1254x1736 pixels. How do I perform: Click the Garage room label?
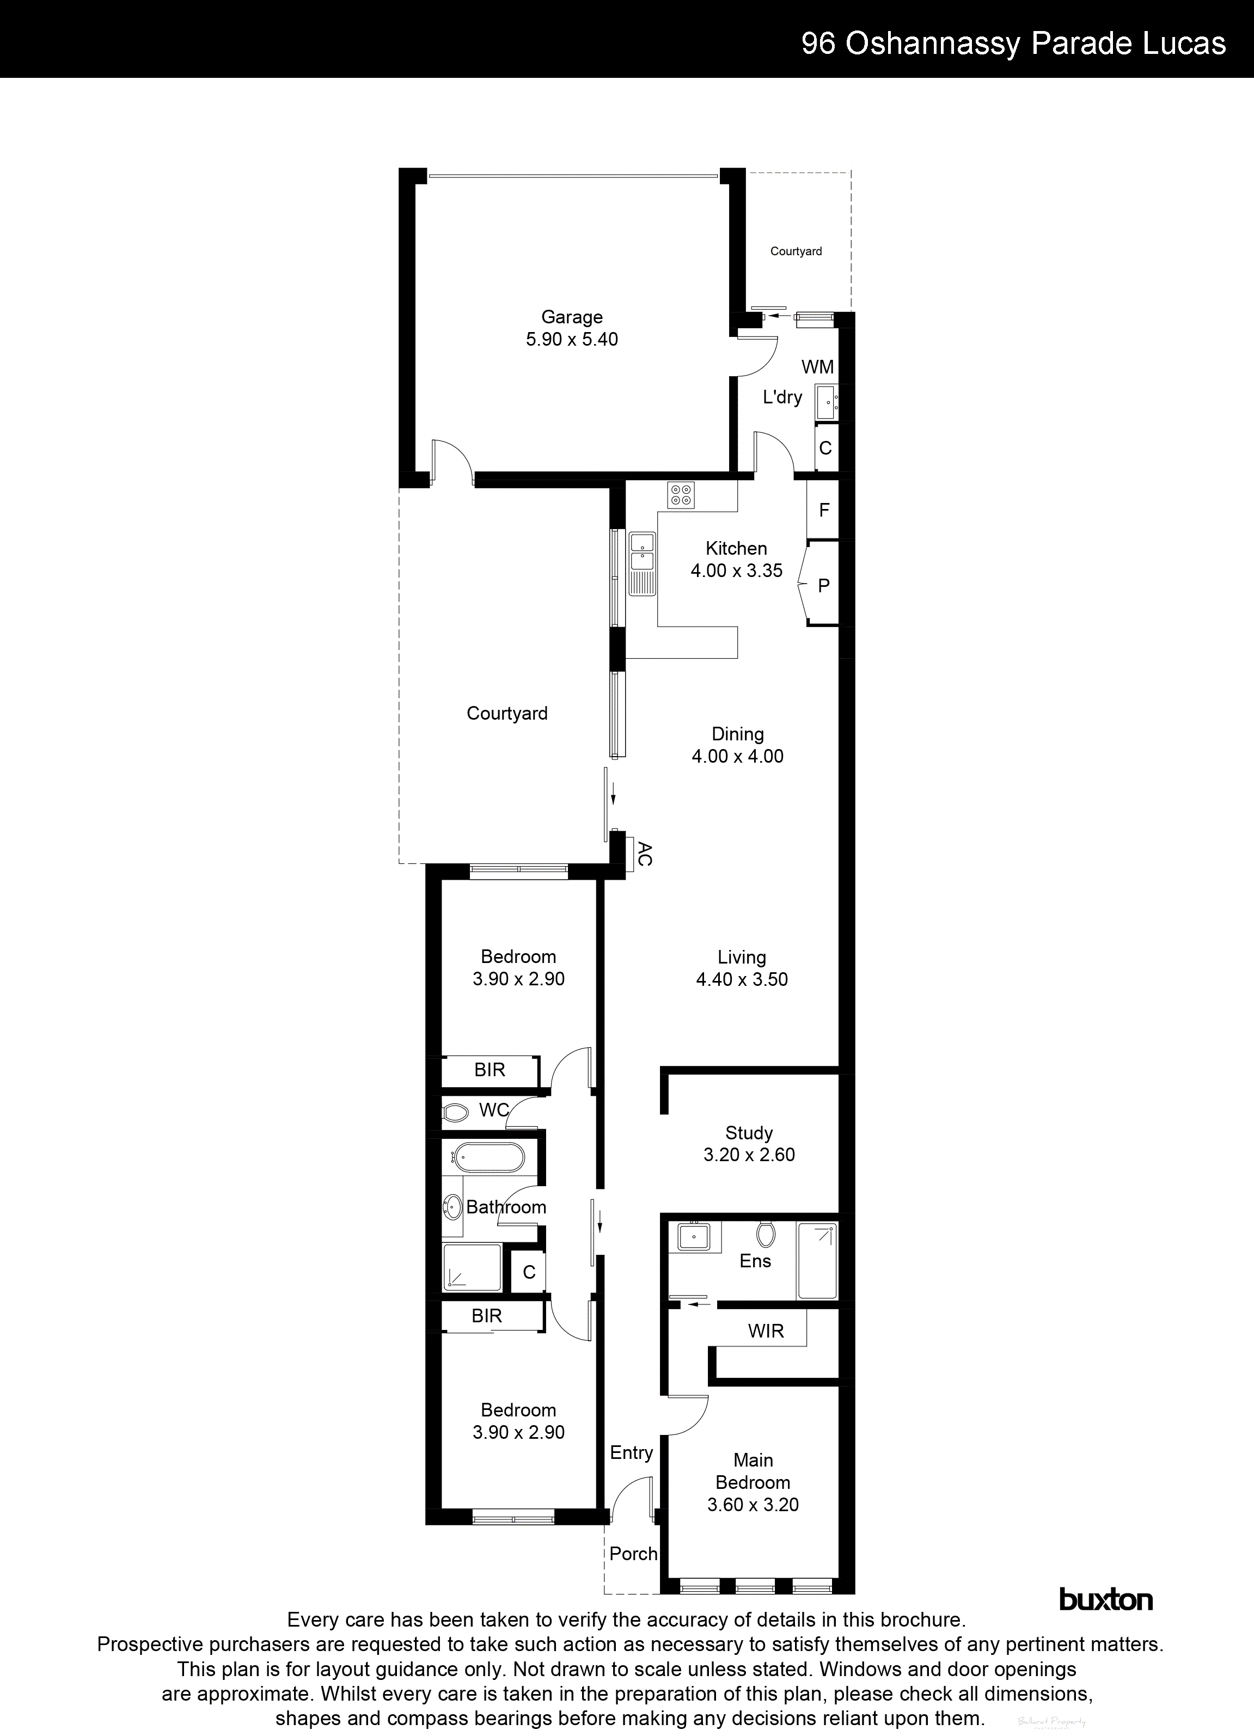click(x=571, y=317)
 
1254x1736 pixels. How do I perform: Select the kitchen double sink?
click(x=641, y=554)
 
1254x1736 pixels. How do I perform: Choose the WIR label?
click(x=766, y=1331)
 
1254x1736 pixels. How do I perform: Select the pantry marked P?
click(x=824, y=586)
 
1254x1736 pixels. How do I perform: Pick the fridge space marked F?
click(x=824, y=510)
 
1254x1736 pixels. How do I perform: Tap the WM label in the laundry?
click(x=817, y=367)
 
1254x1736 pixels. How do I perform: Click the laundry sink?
click(x=826, y=403)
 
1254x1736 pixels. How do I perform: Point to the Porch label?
click(x=633, y=1554)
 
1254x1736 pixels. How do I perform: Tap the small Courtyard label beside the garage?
click(x=796, y=251)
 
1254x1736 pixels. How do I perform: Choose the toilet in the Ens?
click(x=765, y=1234)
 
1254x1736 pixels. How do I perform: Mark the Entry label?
click(x=631, y=1453)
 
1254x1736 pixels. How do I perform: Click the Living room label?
click(x=741, y=957)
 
